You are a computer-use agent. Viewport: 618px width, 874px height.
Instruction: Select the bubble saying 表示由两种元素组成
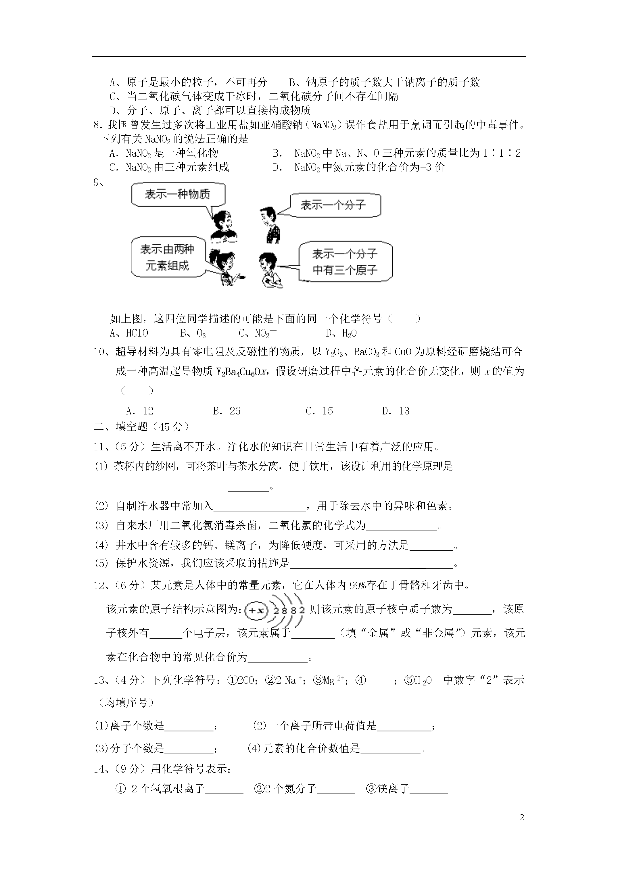pos(167,257)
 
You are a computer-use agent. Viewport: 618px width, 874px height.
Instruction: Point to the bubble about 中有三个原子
pos(345,262)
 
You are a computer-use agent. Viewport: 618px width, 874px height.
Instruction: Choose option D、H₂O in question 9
pos(341,333)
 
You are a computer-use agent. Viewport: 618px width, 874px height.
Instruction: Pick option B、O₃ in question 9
pos(193,333)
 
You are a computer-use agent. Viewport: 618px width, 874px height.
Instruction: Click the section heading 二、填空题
pos(142,427)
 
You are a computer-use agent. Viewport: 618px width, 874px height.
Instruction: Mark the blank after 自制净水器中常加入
pos(259,507)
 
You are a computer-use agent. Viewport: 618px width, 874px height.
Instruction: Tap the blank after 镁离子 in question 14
pos(428,789)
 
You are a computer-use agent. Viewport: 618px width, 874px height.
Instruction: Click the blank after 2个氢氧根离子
pos(224,789)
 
